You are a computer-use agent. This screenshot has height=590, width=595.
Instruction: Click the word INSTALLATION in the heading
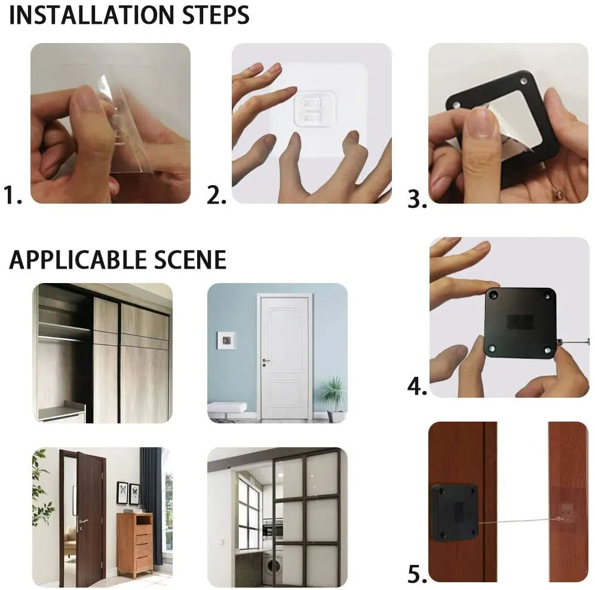coord(86,15)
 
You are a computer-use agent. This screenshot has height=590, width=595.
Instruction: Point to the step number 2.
coord(216,195)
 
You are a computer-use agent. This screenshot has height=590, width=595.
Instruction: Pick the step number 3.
coord(417,199)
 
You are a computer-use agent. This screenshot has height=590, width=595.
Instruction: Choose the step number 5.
coord(417,574)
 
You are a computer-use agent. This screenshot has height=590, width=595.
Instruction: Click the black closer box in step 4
coord(519,322)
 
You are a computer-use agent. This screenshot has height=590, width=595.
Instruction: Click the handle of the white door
coord(265,361)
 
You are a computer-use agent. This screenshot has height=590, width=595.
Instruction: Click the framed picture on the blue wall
coord(226,339)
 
